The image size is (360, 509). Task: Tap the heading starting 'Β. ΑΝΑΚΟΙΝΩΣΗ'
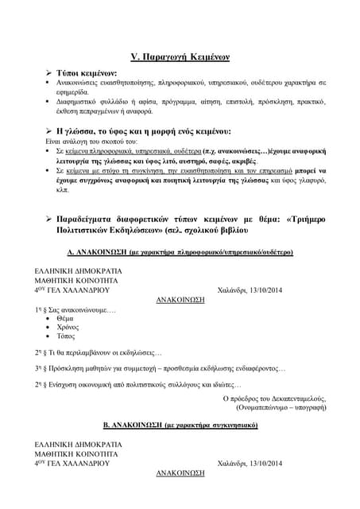180,425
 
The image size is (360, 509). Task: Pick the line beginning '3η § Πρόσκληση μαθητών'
159,368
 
